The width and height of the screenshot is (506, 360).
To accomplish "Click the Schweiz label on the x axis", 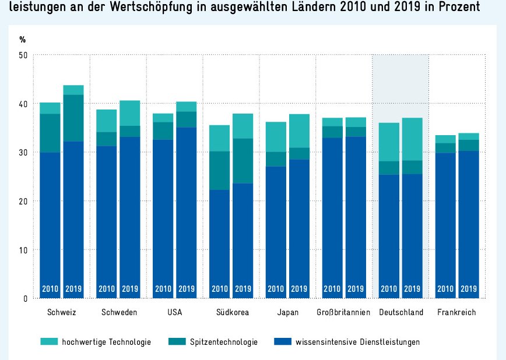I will (62, 312).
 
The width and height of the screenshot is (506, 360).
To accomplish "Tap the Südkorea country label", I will (231, 312).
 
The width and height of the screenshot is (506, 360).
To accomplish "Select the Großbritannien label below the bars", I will (343, 312).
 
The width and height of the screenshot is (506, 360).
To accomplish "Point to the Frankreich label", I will (456, 312).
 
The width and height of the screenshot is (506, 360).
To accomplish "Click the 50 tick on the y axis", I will (23, 55).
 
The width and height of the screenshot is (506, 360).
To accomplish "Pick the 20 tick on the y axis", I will (23, 201).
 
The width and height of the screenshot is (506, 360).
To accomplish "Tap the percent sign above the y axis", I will (23, 40).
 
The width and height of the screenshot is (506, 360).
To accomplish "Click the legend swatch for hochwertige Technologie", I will (50, 342).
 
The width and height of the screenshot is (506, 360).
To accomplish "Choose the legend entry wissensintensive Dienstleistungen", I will (357, 342).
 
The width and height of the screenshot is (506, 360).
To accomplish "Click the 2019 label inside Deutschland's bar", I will (412, 288).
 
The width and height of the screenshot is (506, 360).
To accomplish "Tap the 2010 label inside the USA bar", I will (163, 288).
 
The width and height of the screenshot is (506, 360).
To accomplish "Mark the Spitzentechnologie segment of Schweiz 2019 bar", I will (73, 118).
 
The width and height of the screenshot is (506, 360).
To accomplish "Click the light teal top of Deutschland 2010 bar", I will (389, 142).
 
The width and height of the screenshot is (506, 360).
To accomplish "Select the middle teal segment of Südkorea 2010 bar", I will (220, 170).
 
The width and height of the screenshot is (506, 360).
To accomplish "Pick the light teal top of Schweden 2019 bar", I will (130, 113).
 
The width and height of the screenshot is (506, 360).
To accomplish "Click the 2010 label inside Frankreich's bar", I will (445, 288).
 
